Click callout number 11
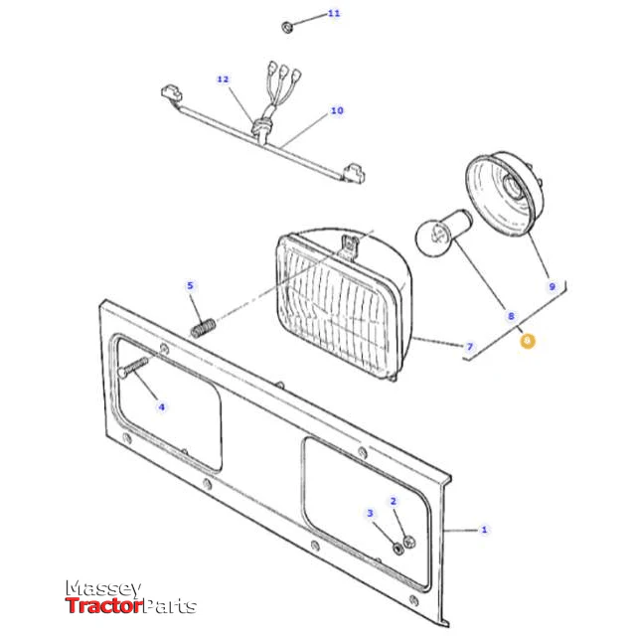point(334,13)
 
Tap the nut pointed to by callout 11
point(287,27)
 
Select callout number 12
point(223,79)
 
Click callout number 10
point(337,110)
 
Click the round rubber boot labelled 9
point(504,194)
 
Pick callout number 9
point(553,286)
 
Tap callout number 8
point(511,316)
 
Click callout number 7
point(470,347)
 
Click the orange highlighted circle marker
point(528,341)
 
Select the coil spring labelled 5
point(203,328)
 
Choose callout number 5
point(190,285)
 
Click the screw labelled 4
point(133,366)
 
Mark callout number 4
point(161,406)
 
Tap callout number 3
point(370,513)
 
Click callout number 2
point(394,501)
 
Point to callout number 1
point(484,530)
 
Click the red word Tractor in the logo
point(103,606)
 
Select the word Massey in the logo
point(103,588)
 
